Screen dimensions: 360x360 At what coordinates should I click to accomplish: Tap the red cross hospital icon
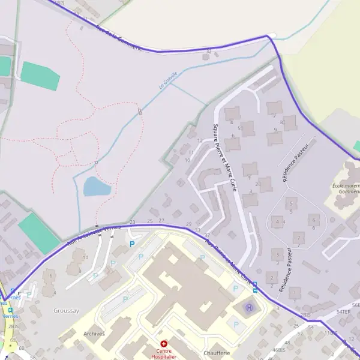click(164, 344)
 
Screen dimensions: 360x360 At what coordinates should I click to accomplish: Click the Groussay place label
click(66, 310)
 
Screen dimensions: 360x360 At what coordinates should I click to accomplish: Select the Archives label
click(94, 334)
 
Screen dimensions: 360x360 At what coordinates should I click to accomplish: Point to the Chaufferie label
click(217, 353)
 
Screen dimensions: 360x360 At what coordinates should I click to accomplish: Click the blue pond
click(97, 187)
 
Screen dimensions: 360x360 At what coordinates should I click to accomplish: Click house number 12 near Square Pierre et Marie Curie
click(200, 140)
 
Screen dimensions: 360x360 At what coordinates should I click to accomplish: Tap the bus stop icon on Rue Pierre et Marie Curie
click(255, 287)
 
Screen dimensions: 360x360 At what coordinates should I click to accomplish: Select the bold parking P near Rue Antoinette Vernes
click(132, 244)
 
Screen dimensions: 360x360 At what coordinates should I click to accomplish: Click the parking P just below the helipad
click(236, 325)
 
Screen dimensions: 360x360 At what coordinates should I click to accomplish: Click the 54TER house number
click(343, 312)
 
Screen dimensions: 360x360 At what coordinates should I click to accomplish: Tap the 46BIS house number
click(278, 349)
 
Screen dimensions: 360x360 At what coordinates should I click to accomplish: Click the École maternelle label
click(346, 189)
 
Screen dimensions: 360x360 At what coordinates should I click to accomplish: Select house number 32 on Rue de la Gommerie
click(208, 52)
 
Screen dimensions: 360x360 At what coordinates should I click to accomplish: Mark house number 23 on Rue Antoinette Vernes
click(132, 222)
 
